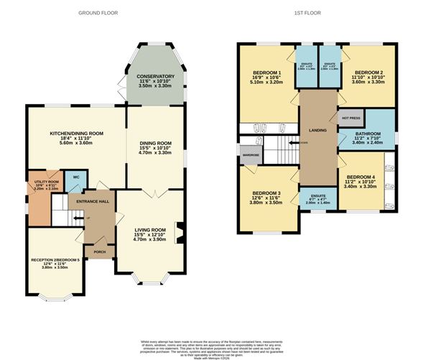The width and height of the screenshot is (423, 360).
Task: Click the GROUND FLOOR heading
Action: (98, 13)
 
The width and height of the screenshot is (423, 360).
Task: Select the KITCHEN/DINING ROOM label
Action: (77, 134)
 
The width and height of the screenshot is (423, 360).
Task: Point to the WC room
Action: (75, 177)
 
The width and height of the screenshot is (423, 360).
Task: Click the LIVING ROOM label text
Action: (150, 230)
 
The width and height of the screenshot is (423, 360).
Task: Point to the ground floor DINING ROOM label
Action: (156, 143)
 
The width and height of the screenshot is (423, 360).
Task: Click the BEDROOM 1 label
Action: (265, 73)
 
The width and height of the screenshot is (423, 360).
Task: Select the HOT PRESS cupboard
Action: (350, 117)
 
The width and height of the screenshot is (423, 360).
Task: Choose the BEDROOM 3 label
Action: (265, 194)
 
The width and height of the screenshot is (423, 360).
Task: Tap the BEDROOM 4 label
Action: (361, 177)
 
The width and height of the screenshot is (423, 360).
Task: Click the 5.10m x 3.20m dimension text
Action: (265, 83)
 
